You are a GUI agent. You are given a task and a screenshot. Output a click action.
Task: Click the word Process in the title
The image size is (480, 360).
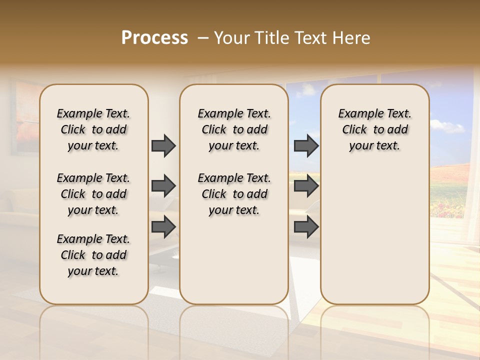154,37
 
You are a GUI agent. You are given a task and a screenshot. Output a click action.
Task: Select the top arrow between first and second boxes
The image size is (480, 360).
163,145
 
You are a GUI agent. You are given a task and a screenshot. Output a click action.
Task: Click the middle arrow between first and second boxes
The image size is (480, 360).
163,186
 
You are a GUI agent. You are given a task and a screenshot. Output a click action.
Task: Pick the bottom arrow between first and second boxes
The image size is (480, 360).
163,227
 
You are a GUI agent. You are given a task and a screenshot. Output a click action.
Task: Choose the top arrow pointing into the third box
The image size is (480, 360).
306,145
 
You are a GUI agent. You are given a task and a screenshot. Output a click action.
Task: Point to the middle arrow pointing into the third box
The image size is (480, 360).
306,186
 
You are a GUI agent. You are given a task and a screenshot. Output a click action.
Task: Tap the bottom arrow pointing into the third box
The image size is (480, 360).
306,227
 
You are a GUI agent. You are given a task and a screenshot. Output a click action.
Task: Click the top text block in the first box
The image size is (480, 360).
93,129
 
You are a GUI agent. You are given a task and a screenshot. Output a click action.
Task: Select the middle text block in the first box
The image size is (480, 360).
93,194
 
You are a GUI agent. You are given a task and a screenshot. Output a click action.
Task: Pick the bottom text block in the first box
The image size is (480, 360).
93,255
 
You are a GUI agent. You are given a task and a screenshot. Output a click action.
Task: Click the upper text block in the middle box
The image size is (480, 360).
234,129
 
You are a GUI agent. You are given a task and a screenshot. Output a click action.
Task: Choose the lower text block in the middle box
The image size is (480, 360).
234,194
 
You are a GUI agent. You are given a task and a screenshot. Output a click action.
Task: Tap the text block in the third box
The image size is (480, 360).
374,129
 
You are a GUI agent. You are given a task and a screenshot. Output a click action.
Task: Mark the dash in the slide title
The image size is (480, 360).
202,37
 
